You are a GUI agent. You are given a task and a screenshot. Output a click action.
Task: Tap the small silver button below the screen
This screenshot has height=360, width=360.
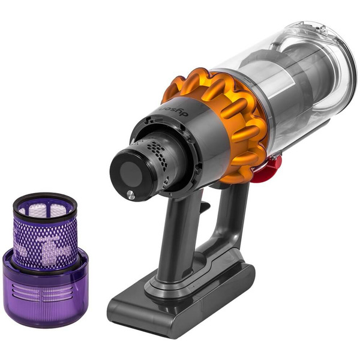(130, 193)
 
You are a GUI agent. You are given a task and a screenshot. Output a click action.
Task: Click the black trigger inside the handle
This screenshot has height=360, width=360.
(204, 207)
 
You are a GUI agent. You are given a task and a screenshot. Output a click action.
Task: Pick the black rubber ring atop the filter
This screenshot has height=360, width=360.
(45, 200)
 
